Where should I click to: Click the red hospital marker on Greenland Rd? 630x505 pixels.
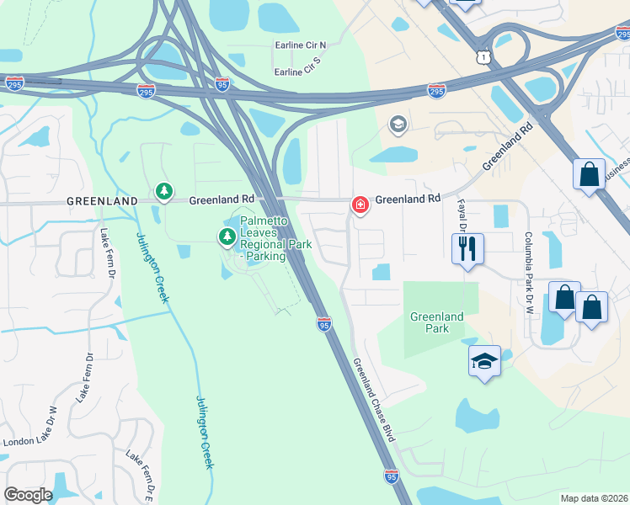tap(360, 205)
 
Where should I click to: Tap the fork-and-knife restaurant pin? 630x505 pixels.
tap(467, 248)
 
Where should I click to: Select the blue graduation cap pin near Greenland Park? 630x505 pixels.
tap(484, 361)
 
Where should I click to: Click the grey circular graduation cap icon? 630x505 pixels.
tap(398, 125)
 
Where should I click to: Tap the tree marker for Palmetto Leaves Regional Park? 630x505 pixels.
tap(227, 237)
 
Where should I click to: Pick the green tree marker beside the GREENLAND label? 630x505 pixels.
tap(163, 193)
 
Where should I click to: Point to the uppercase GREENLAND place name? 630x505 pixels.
tap(103, 202)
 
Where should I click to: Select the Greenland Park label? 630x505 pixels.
tap(436, 322)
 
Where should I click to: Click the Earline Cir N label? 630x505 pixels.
tap(300, 45)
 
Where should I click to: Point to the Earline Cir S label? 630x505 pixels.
tap(299, 72)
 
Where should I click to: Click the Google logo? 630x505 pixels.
tap(28, 495)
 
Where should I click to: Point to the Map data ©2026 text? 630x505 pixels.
tap(594, 498)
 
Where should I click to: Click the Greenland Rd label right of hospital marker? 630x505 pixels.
tap(408, 199)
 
